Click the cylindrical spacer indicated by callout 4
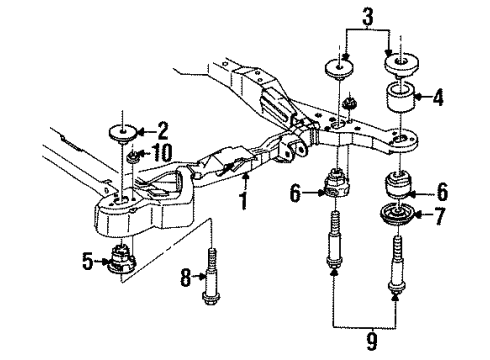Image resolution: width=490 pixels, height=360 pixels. click(x=400, y=103)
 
